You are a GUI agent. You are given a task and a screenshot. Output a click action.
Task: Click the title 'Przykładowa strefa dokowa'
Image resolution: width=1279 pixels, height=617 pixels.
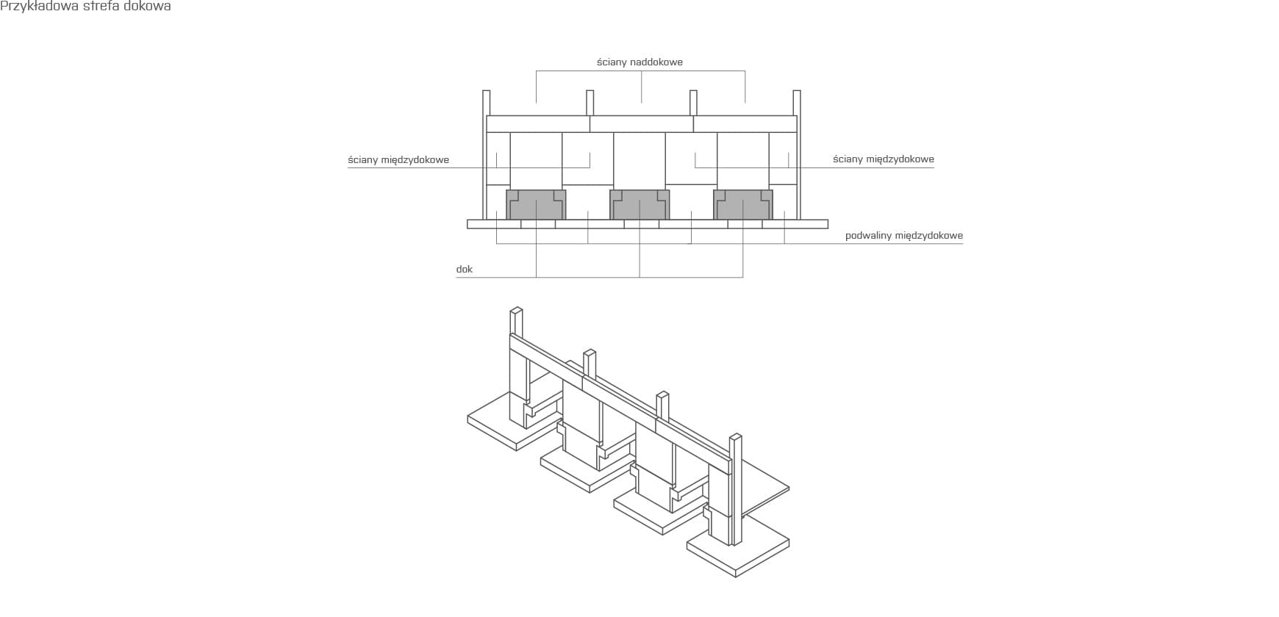86,7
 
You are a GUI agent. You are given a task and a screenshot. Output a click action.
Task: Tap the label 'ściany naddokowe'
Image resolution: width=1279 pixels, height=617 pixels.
639,62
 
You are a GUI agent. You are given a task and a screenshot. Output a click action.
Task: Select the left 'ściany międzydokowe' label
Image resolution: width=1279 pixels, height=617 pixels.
398,160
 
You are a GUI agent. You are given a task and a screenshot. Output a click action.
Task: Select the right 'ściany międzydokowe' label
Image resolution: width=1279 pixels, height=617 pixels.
884,159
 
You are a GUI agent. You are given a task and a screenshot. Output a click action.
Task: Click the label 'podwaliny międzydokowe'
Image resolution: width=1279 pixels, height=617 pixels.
904,236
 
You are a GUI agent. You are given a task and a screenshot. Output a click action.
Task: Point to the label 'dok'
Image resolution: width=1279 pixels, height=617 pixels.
464,270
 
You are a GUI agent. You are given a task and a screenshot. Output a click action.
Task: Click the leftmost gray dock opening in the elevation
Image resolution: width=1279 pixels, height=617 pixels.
536,205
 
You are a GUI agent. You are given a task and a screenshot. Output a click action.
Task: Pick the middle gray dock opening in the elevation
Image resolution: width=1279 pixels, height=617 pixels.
639,205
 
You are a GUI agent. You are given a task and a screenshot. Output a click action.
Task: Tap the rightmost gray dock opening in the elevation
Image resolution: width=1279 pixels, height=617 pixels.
743,205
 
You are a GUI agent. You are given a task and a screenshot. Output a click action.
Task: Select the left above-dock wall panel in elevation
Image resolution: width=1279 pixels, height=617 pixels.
538,124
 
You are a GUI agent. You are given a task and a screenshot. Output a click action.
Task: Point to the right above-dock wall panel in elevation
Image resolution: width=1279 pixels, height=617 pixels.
745,124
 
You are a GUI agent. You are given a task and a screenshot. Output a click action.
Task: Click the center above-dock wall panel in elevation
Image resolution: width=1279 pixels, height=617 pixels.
642,124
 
